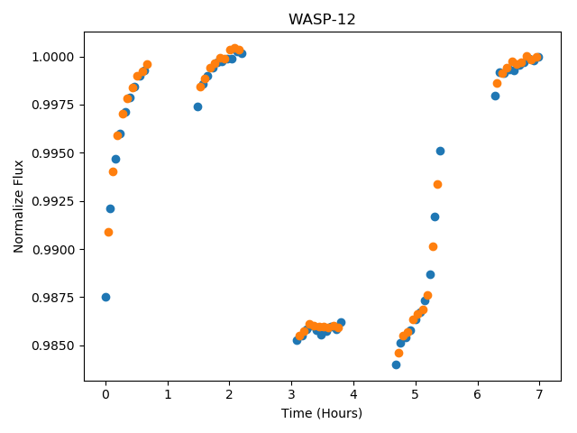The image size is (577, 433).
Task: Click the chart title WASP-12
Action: [x=322, y=19]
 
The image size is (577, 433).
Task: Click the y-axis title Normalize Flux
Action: [x=18, y=207]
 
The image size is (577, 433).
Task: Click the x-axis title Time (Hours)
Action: [x=322, y=413]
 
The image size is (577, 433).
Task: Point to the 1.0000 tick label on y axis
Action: [x=53, y=57]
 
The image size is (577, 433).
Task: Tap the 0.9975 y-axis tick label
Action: [x=53, y=105]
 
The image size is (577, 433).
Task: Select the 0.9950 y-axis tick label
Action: [x=53, y=153]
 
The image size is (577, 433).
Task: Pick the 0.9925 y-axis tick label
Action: [x=53, y=201]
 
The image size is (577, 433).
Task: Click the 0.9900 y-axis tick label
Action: [x=53, y=250]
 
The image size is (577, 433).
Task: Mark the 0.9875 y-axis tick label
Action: [x=53, y=298]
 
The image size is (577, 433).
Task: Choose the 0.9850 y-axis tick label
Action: [x=53, y=345]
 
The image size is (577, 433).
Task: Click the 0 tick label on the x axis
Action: [x=106, y=395]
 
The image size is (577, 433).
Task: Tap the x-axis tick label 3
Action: [x=292, y=395]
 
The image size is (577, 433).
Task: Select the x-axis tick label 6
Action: [x=478, y=395]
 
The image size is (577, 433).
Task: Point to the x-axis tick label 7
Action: [x=539, y=395]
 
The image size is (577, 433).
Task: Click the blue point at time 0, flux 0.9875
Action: [x=106, y=297]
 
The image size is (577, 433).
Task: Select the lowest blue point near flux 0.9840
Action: [x=397, y=364]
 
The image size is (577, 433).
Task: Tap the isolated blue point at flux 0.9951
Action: [x=441, y=151]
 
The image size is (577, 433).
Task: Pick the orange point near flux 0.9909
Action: [x=108, y=233]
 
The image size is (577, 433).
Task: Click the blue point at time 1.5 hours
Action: [x=198, y=106]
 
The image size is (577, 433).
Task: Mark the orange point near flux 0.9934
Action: [x=437, y=184]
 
